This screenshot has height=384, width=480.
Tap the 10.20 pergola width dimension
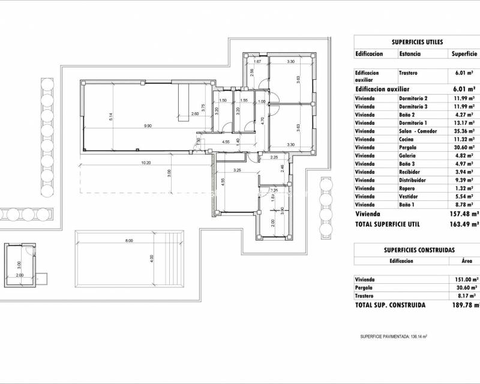click(x=146, y=162)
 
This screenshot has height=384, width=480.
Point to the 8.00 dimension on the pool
click(x=129, y=240)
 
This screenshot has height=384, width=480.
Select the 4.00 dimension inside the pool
click(x=152, y=258)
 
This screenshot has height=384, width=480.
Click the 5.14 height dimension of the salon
click(x=111, y=118)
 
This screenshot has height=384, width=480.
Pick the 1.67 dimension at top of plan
click(x=257, y=62)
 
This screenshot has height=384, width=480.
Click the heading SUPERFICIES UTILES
click(x=417, y=42)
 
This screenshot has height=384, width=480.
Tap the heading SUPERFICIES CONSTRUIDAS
click(x=419, y=249)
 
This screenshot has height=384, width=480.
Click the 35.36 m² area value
click(x=465, y=131)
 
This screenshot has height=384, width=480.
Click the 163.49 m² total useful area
click(x=466, y=224)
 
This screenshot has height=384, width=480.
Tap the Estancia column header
click(x=410, y=53)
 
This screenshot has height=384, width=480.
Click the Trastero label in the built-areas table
click(x=365, y=296)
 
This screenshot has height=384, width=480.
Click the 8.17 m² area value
click(x=465, y=296)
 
